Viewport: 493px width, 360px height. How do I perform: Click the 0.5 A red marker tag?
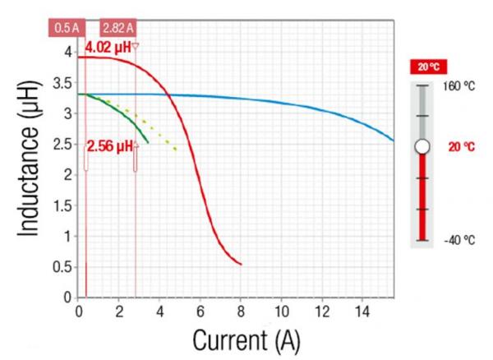[66, 28]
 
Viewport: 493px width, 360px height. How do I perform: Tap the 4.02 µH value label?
[108, 48]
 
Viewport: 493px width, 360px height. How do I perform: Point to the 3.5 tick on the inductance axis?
[62, 83]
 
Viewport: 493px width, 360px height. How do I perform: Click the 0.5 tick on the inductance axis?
[62, 266]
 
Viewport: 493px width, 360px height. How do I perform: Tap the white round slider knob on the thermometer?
[422, 146]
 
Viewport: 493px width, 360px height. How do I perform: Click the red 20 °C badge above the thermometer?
[429, 67]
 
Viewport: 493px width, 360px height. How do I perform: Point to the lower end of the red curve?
[241, 264]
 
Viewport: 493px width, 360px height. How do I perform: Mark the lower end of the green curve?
[148, 142]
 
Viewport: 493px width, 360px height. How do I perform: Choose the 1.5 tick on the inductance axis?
[62, 205]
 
